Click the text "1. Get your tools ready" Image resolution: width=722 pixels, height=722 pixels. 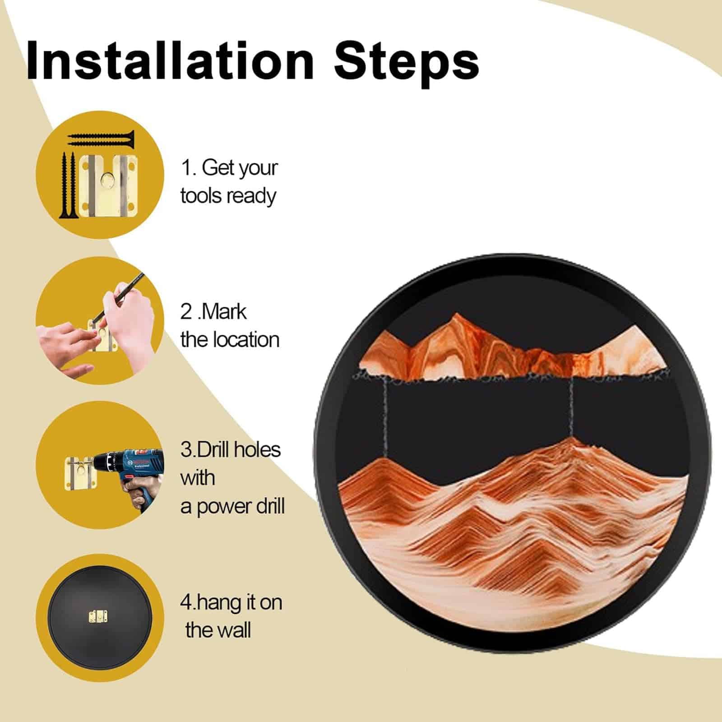(229, 182)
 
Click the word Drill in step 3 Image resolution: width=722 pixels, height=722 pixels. (215, 450)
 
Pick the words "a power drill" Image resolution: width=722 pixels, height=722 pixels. (232, 506)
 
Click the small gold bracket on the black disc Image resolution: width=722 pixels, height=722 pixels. (96, 616)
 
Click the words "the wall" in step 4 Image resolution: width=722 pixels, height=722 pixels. (218, 630)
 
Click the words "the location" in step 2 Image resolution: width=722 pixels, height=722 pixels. (230, 340)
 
